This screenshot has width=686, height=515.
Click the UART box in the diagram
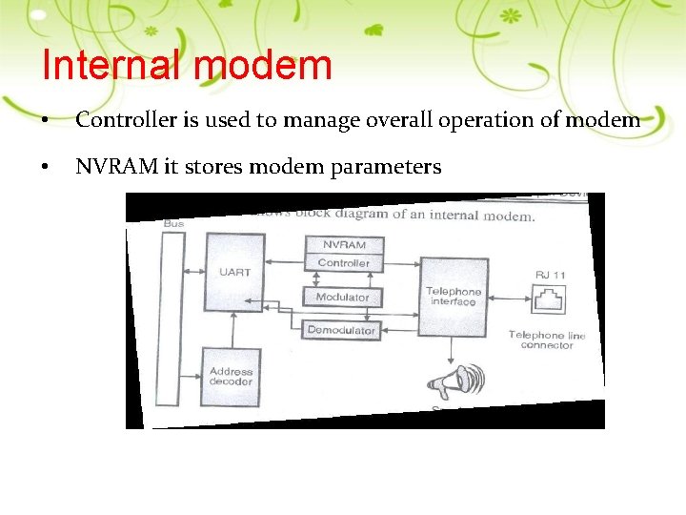(234, 273)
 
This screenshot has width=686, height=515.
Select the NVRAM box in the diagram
(343, 244)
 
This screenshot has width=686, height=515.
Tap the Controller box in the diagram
(343, 262)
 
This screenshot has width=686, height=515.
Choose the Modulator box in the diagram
(342, 297)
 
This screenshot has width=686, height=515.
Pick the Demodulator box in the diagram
(342, 330)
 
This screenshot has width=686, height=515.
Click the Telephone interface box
(454, 296)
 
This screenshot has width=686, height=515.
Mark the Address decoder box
(231, 376)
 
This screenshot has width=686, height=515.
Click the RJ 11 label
(551, 275)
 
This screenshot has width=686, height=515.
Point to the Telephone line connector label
(547, 340)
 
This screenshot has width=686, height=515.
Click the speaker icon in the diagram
(455, 383)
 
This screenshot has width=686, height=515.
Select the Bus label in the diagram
(174, 223)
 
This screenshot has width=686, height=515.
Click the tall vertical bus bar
(173, 324)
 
